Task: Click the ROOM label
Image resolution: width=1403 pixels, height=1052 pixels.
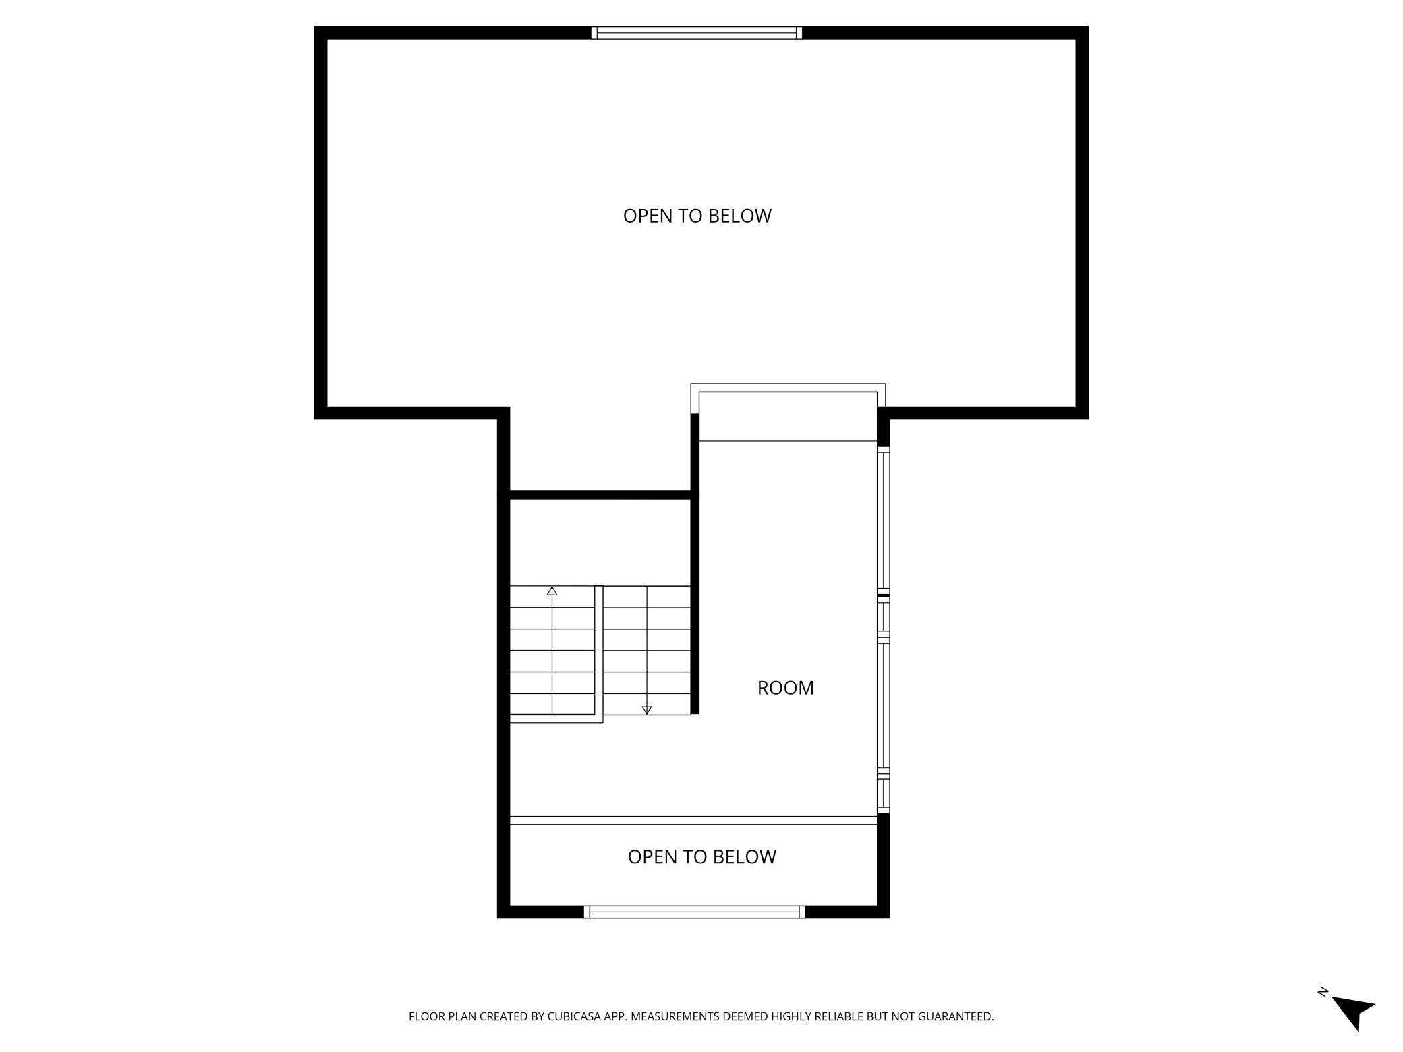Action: click(x=785, y=688)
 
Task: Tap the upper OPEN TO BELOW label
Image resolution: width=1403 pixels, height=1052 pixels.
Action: click(x=697, y=216)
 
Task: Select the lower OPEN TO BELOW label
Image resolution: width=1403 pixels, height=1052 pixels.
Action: click(x=701, y=856)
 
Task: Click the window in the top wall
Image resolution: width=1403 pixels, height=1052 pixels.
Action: click(x=697, y=33)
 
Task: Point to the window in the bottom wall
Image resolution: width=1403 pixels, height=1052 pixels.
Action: click(x=694, y=912)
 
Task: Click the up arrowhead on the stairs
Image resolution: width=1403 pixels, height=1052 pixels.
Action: click(x=552, y=591)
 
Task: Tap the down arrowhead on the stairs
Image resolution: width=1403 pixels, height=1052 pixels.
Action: click(x=647, y=710)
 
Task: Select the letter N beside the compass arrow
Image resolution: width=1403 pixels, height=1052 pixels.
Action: click(x=1323, y=991)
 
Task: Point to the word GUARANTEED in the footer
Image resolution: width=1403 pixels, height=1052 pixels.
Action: click(x=955, y=1016)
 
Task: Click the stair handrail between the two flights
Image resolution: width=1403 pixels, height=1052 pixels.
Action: click(x=598, y=651)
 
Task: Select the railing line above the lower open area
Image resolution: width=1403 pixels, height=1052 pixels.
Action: click(x=693, y=820)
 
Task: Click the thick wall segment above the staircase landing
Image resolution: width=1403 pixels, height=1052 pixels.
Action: click(x=600, y=495)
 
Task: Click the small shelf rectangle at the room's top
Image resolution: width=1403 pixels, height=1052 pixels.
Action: click(x=788, y=416)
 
